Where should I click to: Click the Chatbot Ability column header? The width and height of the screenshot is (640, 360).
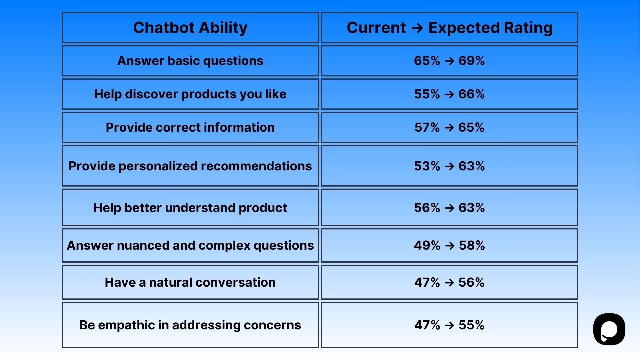click(x=190, y=28)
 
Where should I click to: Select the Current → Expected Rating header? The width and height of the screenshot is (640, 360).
click(x=449, y=28)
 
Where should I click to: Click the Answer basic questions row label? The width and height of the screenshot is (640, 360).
click(x=190, y=61)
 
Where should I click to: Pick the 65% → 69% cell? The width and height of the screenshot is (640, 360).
click(x=449, y=61)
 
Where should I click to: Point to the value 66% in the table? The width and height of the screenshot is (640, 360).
click(x=471, y=94)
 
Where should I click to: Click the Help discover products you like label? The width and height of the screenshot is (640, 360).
click(x=190, y=94)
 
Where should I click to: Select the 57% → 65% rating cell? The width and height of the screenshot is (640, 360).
click(x=449, y=127)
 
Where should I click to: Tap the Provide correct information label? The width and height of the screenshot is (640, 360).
click(x=190, y=127)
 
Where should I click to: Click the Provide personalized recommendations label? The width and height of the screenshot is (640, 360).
click(x=190, y=166)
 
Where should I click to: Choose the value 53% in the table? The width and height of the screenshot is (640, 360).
click(x=427, y=166)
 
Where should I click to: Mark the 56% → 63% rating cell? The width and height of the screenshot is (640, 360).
click(x=449, y=208)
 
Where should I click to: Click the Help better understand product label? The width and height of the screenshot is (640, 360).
click(x=190, y=208)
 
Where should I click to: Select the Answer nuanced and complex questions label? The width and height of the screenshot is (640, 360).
click(x=190, y=245)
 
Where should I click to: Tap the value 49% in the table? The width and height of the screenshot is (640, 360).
click(x=427, y=245)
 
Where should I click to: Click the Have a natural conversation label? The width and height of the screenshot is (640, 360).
click(x=190, y=282)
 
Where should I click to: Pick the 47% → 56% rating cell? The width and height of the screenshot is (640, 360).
click(x=449, y=282)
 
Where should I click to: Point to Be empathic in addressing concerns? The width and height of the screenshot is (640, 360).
click(x=190, y=325)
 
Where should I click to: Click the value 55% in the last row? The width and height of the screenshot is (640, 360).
click(x=471, y=325)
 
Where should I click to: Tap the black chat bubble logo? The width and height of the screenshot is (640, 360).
click(x=609, y=329)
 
